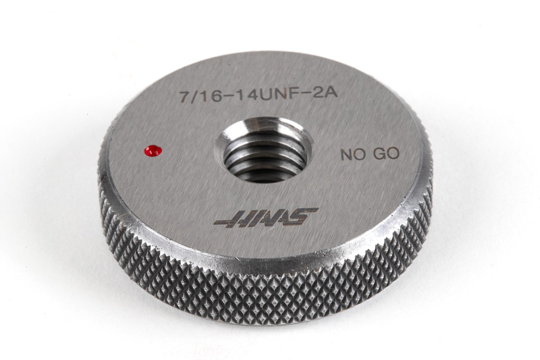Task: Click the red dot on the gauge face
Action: pyautogui.click(x=153, y=150)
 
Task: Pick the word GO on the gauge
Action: pyautogui.click(x=386, y=153)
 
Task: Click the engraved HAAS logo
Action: pyautogui.click(x=266, y=217)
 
